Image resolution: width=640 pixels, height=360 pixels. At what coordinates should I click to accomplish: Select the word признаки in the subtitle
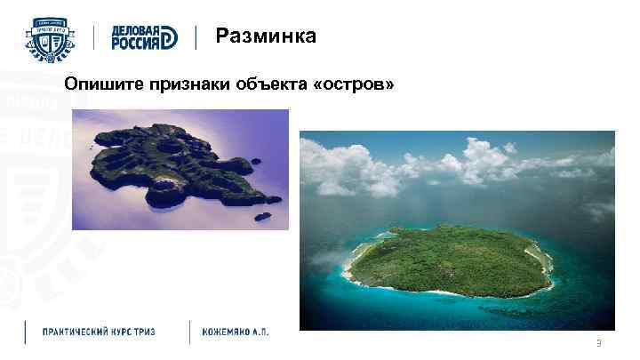point(188,84)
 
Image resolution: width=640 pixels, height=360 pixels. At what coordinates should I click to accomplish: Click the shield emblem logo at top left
point(51,37)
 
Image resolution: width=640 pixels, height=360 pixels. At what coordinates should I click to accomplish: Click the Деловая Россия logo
point(144,37)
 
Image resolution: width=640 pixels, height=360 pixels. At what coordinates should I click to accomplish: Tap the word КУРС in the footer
point(131,332)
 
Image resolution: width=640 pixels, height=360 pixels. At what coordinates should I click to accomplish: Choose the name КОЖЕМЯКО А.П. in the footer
point(236,332)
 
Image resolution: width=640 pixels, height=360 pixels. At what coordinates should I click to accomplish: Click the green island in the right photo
point(449,260)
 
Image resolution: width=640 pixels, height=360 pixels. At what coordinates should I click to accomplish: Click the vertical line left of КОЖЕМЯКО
point(189,332)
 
